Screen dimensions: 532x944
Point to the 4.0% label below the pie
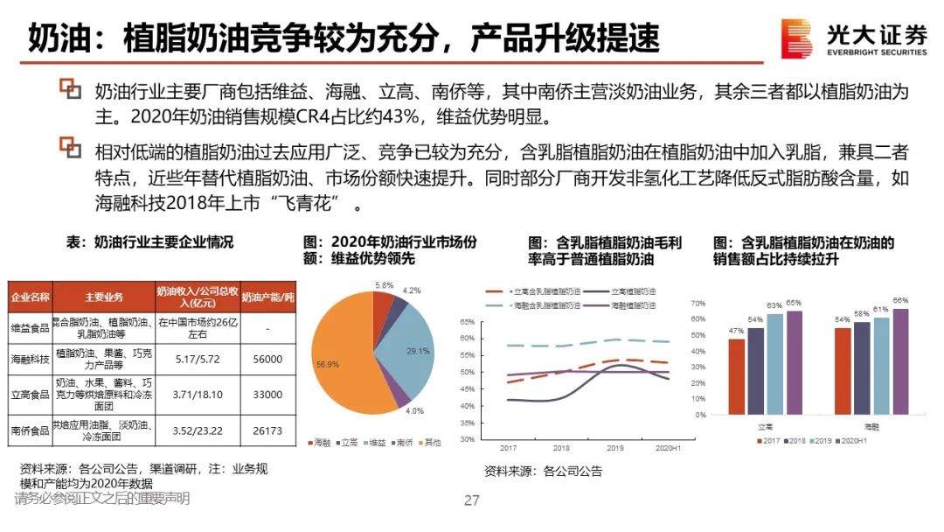point(414,410)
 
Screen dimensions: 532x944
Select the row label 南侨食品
point(31,430)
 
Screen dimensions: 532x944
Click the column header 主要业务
point(103,295)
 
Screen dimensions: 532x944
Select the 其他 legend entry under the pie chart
point(429,444)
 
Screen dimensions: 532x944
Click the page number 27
point(472,500)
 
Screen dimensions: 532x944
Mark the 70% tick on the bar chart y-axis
point(698,303)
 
